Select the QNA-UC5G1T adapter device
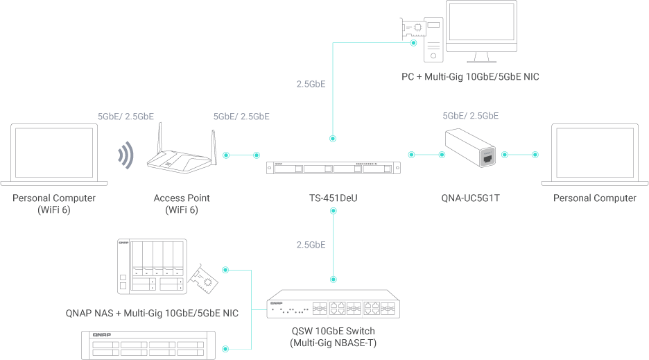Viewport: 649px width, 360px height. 471,147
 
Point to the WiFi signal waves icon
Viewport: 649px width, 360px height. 126,156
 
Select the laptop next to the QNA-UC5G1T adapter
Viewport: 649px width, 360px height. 594,153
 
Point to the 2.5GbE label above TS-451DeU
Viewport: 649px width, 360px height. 311,84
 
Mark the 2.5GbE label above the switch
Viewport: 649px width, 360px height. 311,245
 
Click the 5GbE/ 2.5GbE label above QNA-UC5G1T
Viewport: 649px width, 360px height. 470,116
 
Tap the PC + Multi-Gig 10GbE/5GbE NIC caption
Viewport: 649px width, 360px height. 470,77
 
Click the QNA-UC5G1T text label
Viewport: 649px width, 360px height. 471,198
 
